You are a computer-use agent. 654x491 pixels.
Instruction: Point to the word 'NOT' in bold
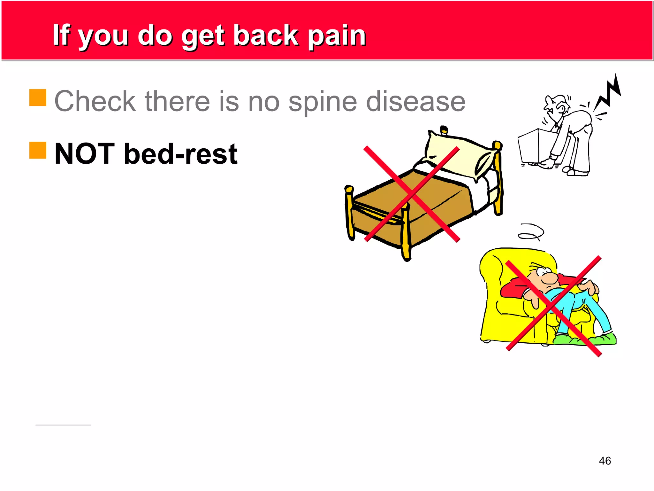85,154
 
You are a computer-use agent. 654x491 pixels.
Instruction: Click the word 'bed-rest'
181,154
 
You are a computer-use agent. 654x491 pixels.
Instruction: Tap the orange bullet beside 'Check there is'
38,97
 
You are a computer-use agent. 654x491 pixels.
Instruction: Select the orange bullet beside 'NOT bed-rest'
38,150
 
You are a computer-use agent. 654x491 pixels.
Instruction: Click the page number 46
605,461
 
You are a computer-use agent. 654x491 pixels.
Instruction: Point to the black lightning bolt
608,93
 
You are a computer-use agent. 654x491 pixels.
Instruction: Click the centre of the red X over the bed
412,194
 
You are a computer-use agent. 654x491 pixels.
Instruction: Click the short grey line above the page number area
63,425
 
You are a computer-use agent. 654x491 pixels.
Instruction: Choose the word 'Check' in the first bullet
95,101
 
